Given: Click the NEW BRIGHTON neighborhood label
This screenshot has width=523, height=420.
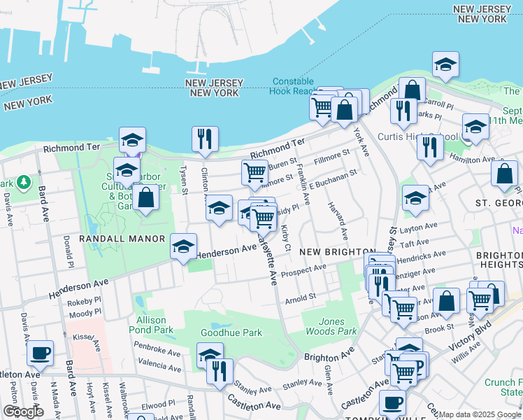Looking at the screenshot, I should [328, 251].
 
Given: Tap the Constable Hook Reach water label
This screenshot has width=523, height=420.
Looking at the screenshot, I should [294, 86].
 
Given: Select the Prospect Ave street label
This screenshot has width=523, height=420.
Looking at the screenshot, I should [303, 269].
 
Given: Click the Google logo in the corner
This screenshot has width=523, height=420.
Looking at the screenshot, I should [23, 412].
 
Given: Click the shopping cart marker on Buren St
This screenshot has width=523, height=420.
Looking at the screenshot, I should [255, 171].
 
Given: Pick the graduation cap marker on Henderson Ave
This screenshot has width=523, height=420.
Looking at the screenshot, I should [184, 247].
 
